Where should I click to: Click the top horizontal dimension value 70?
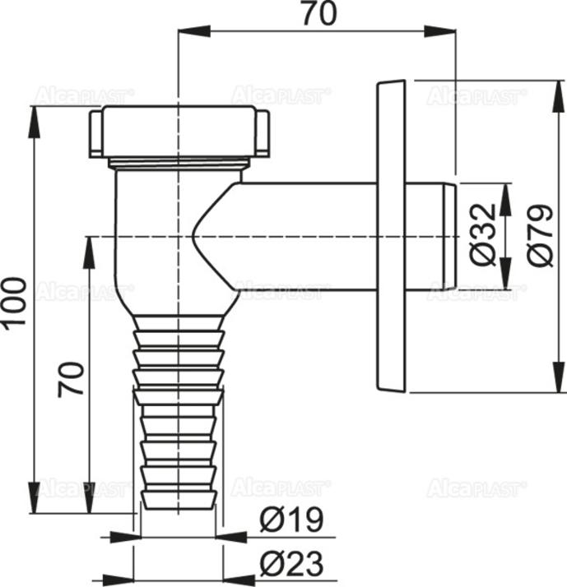(317, 15)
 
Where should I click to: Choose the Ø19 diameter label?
(291, 520)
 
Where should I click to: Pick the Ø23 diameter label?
(291, 564)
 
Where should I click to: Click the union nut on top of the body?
(178, 132)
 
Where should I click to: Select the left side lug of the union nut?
(94, 134)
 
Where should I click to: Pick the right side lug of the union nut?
(263, 134)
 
